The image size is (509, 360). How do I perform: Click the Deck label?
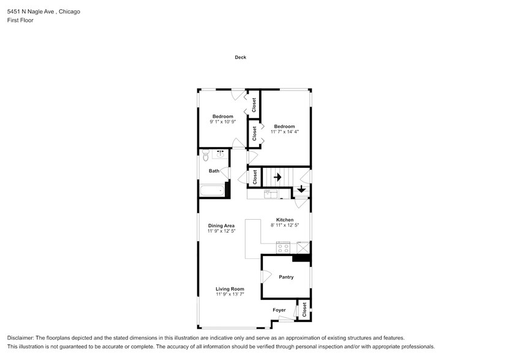(x=241, y=58)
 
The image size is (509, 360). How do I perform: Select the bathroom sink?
(x=220, y=154)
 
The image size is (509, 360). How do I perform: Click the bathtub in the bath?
(x=212, y=191)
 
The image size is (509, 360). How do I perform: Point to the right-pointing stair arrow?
(x=277, y=177)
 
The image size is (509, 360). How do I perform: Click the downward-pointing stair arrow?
(x=301, y=190)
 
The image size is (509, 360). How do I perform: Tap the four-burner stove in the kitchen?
(x=283, y=247)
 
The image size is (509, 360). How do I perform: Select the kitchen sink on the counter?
(x=271, y=194)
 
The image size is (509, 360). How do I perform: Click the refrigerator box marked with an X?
(x=303, y=247)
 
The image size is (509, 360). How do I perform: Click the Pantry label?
(x=286, y=277)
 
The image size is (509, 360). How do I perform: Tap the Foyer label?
(x=279, y=310)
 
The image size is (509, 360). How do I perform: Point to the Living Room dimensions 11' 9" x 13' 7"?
(x=230, y=294)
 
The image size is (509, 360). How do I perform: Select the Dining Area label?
(x=221, y=225)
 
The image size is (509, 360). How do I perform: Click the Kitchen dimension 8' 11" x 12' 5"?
(x=285, y=225)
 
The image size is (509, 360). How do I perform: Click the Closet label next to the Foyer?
(x=303, y=310)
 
